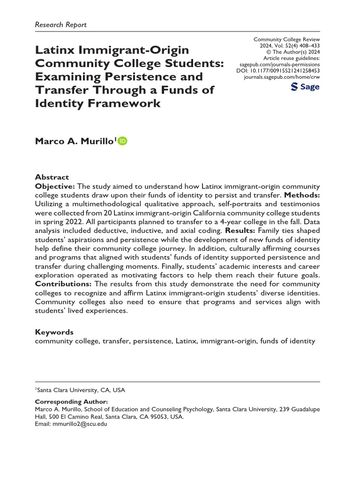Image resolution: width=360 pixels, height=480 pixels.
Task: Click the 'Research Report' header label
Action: click(x=61, y=24)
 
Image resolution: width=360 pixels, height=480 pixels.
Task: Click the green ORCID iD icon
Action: click(x=123, y=140)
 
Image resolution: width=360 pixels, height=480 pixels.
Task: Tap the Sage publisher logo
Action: click(x=305, y=87)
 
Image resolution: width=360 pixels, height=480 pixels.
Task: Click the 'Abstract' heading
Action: click(x=52, y=177)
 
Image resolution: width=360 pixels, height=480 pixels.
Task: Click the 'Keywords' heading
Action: click(x=54, y=332)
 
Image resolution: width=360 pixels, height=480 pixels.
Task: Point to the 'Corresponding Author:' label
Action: click(x=72, y=402)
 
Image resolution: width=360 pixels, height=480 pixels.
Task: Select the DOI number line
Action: click(x=279, y=69)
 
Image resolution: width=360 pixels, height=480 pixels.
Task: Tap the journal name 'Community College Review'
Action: click(x=286, y=40)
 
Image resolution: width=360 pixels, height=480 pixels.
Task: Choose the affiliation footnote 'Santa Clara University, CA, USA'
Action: click(x=81, y=390)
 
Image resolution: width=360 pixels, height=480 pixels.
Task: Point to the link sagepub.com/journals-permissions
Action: click(x=279, y=63)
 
